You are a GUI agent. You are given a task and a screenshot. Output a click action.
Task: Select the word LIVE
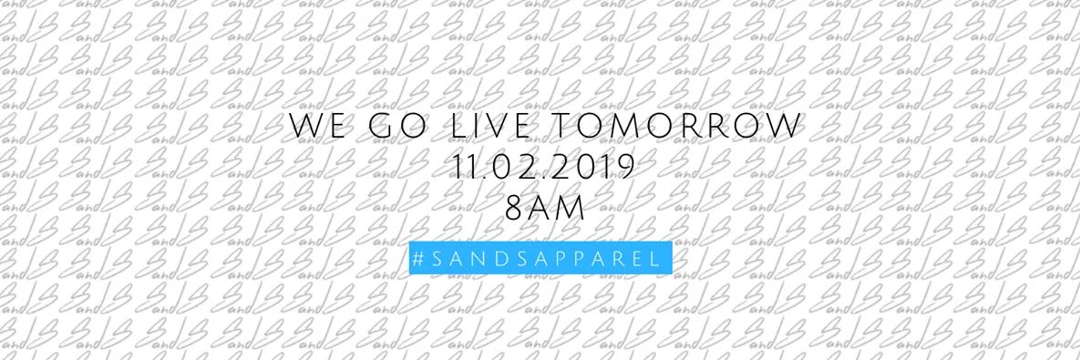[x=493, y=129]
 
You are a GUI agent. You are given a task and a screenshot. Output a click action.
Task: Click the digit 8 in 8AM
[x=513, y=209]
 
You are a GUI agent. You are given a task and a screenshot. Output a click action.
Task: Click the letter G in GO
[x=381, y=129]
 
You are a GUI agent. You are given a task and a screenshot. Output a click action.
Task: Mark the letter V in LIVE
[x=503, y=129]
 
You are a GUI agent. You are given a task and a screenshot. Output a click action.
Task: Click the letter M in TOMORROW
[x=642, y=129]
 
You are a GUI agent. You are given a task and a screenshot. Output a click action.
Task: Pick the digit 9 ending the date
[x=624, y=169]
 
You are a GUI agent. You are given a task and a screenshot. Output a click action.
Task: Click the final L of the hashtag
[x=654, y=258]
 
